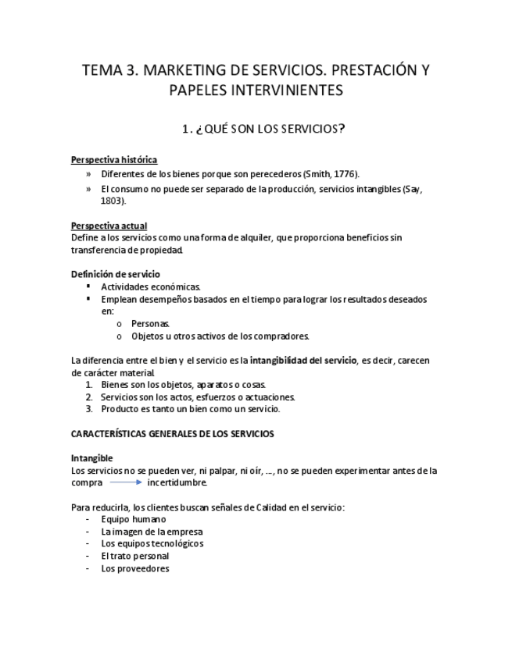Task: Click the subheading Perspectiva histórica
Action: click(x=114, y=160)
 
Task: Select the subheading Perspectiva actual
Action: click(x=109, y=226)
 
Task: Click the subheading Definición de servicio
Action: click(x=116, y=274)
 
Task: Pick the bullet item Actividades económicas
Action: click(x=150, y=287)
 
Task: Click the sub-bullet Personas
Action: click(x=150, y=323)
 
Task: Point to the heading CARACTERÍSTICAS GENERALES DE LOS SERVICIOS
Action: click(x=172, y=433)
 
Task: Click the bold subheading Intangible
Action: click(x=91, y=458)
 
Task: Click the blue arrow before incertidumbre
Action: click(x=125, y=482)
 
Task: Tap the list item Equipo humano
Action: click(x=133, y=519)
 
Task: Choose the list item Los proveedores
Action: click(x=134, y=568)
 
